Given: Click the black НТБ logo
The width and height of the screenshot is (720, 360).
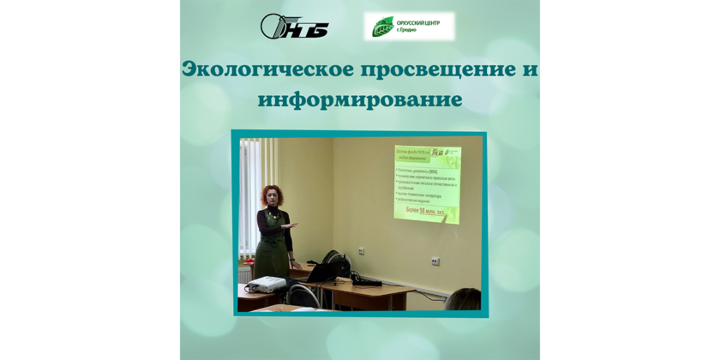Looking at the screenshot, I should point(294,26).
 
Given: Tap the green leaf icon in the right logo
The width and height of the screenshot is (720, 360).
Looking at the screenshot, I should point(382,27).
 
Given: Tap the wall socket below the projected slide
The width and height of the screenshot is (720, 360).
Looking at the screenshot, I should point(435,260).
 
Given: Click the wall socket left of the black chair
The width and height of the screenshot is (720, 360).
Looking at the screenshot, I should point(361,251).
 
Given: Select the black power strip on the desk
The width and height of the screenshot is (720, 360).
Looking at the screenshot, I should point(368,281).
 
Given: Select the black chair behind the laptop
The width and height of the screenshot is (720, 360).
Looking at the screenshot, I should point(337,261).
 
